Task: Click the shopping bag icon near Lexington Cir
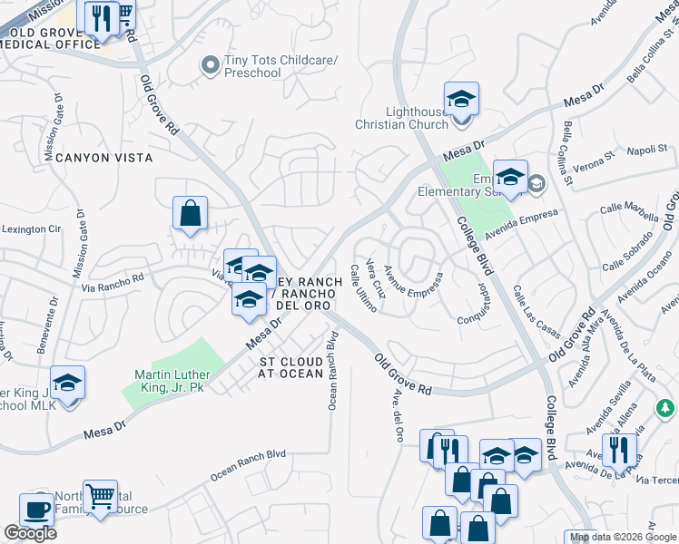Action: [191, 215]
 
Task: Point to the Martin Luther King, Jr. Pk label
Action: [172, 381]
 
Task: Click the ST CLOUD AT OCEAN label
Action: [290, 367]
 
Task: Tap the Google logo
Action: [30, 533]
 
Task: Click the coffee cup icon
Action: [37, 510]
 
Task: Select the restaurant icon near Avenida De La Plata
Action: [619, 449]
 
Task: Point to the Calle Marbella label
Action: [629, 214]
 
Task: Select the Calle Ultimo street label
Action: [363, 288]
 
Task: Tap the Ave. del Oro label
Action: [397, 417]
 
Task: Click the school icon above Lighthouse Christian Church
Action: [461, 98]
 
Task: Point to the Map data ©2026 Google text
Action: [623, 537]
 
